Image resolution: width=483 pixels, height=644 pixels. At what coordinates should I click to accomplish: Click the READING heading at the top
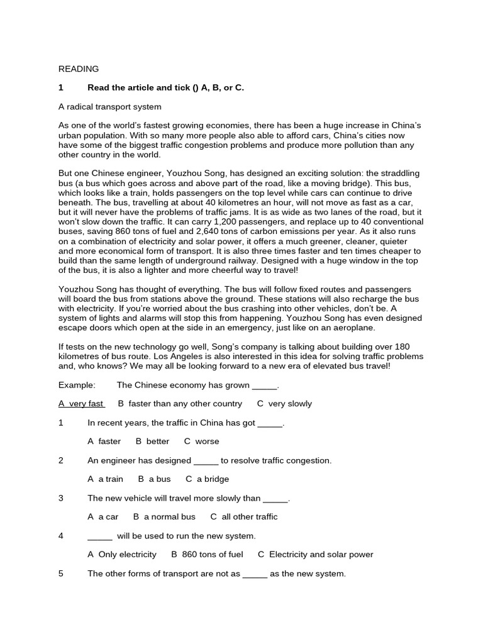click(x=79, y=69)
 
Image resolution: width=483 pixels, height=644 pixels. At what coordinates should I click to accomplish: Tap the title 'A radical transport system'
click(x=110, y=107)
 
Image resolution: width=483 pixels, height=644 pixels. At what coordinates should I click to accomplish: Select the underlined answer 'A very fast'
click(x=81, y=404)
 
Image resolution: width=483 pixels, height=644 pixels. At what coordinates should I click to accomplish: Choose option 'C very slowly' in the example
click(x=284, y=404)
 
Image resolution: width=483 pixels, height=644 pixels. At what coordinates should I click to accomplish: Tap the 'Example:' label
click(x=77, y=385)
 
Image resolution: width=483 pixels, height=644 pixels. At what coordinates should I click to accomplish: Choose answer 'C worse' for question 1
click(x=201, y=441)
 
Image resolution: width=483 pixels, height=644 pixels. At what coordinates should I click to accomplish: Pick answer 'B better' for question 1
click(x=152, y=441)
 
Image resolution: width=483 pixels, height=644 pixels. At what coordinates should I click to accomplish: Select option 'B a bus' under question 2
click(x=154, y=479)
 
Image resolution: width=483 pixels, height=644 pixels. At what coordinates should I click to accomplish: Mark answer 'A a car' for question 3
click(x=103, y=517)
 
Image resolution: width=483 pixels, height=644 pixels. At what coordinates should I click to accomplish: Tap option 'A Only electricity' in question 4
click(x=122, y=555)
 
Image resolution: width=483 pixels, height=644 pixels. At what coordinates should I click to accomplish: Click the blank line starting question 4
click(x=99, y=536)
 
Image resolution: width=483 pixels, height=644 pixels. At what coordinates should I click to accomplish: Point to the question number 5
click(x=61, y=574)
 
